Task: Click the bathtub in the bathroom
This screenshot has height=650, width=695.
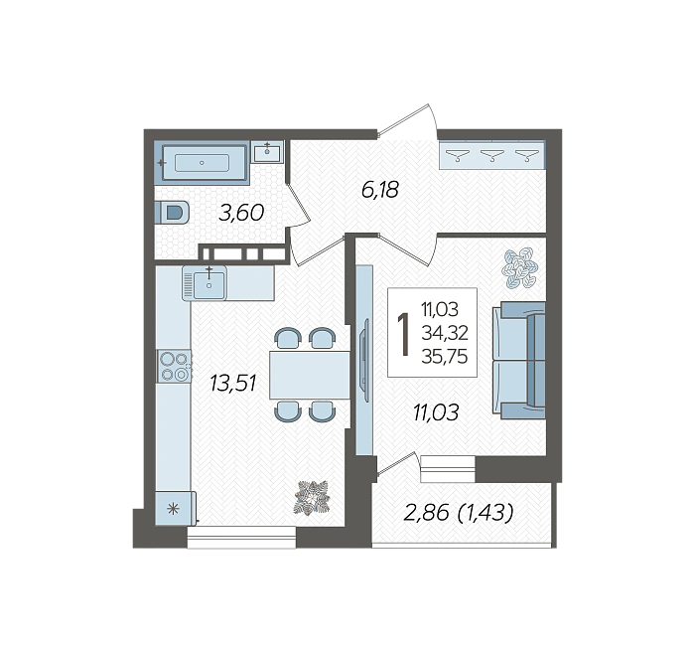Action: [x=202, y=163]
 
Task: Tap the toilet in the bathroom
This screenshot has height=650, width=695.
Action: [x=173, y=213]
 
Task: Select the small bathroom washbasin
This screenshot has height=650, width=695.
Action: [x=267, y=152]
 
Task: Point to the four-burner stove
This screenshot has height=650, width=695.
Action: [x=174, y=367]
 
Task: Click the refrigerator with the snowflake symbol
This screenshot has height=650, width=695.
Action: [x=175, y=508]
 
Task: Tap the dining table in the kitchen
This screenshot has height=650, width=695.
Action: [x=310, y=375]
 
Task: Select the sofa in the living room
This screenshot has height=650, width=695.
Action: [x=519, y=360]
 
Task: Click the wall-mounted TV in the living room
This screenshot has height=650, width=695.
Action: [x=364, y=360]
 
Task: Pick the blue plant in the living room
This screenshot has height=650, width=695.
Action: [x=520, y=267]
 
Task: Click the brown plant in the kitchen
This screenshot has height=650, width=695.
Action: [x=312, y=497]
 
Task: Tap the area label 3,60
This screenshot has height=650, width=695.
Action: [x=241, y=213]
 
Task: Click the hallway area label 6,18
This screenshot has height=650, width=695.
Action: [x=380, y=190]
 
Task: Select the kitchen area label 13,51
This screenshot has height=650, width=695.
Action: [x=233, y=384]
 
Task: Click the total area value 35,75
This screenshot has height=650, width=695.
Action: [x=445, y=356]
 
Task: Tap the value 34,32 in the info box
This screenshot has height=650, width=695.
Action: [x=445, y=332]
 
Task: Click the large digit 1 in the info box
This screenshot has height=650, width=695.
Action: [x=403, y=334]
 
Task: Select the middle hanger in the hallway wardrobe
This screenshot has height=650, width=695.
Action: [x=492, y=155]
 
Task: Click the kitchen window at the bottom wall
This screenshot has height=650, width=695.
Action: [x=241, y=538]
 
